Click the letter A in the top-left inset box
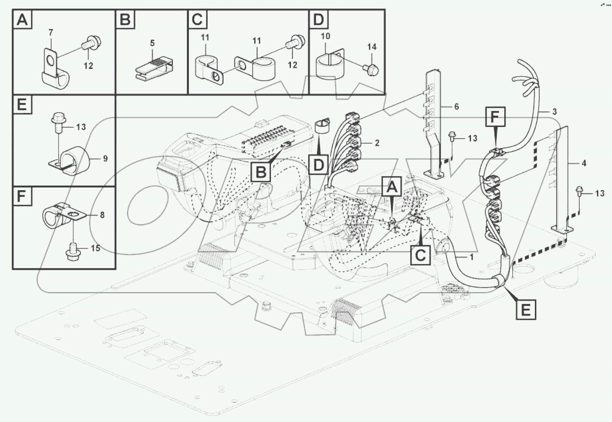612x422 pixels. click(22, 20)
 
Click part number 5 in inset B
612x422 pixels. click(152, 43)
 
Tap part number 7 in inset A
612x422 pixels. click(51, 32)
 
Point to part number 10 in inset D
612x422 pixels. click(325, 36)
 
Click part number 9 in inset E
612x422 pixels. click(105, 158)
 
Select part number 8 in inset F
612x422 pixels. click(102, 215)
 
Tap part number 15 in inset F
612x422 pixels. click(96, 248)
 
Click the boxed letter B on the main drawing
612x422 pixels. click(261, 171)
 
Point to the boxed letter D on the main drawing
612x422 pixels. click(318, 165)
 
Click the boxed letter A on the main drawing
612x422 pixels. click(392, 187)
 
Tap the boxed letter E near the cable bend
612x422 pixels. click(526, 309)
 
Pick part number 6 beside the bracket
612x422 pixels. click(456, 107)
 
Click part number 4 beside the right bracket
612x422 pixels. click(583, 163)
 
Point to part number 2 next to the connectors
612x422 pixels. click(377, 143)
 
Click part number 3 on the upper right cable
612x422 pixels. click(554, 112)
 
